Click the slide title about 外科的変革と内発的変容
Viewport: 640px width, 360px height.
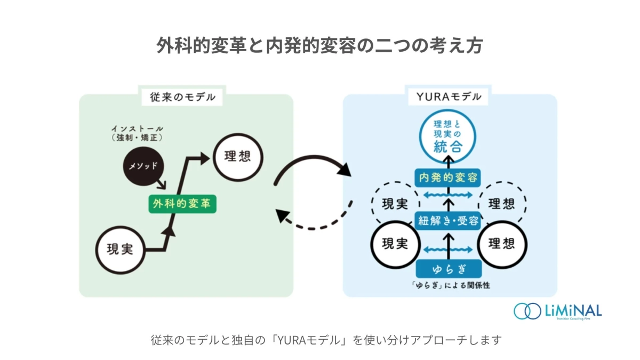tap(319, 46)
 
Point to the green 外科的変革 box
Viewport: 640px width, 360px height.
tap(182, 204)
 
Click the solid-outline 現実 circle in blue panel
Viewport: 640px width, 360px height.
tap(395, 244)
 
